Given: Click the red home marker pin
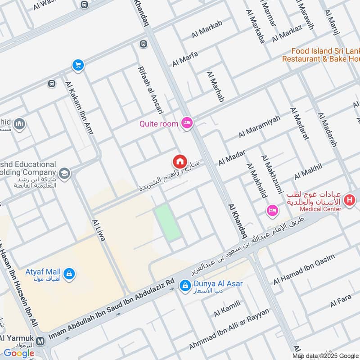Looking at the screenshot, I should pos(180,161).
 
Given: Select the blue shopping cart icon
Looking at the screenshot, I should pos(78,65).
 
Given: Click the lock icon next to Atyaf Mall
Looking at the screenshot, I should pos(69,273).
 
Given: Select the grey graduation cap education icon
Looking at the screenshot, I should pos(64,173).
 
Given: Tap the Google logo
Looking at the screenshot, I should pos(19,353).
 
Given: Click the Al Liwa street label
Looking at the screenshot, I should pos(98,230).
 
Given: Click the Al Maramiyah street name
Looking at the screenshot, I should pos(259,126).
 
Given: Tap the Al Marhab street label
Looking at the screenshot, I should pos(215,85).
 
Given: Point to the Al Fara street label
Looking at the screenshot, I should pos(340,301).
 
